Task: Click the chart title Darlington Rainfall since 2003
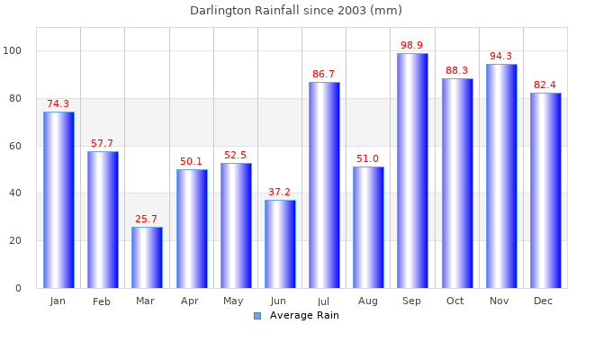[x=296, y=11]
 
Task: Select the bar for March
[x=147, y=257]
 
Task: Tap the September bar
[x=412, y=171]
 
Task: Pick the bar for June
[x=280, y=244]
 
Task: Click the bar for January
[x=58, y=200]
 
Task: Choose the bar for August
[x=368, y=228]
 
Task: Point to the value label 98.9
[x=412, y=45]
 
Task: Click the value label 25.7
[x=147, y=219]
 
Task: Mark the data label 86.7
[x=324, y=74]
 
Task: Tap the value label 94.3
[x=501, y=56]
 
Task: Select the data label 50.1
[x=191, y=161]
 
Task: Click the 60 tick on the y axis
[x=27, y=146]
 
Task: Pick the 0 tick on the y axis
[x=30, y=288]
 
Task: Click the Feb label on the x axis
[x=102, y=301]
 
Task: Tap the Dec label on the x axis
[x=544, y=301]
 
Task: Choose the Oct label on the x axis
[x=455, y=301]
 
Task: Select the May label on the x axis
[x=235, y=301]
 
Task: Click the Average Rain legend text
[x=304, y=315]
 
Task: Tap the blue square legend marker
[x=257, y=315]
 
